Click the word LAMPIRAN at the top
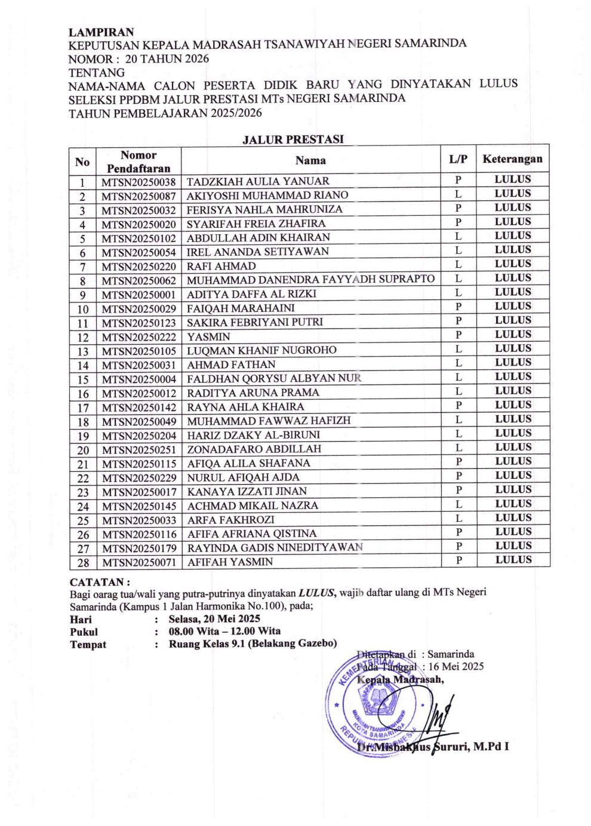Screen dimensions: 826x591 pos(101,32)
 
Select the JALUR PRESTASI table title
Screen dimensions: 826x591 pos(293,140)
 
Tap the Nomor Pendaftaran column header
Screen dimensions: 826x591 pos(138,162)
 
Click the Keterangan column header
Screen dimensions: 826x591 pos(512,159)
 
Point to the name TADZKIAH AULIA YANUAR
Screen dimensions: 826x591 pos(258,181)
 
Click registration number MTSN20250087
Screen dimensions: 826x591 pos(138,196)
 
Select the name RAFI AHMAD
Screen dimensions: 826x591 pos(221,266)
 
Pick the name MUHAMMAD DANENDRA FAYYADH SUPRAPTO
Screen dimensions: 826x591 pos(310,280)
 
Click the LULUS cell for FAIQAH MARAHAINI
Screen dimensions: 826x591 pos(512,307)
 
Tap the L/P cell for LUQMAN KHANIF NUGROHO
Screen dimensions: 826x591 pos(458,349)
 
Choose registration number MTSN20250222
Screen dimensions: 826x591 pos(138,337)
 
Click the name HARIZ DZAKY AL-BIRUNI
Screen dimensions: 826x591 pos(254,435)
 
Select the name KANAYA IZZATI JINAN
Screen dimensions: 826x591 pos(247,491)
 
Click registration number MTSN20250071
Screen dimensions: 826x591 pos(138,562)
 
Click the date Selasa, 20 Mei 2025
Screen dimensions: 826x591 pos(214,619)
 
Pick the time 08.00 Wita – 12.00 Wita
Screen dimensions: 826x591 pos(224,631)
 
